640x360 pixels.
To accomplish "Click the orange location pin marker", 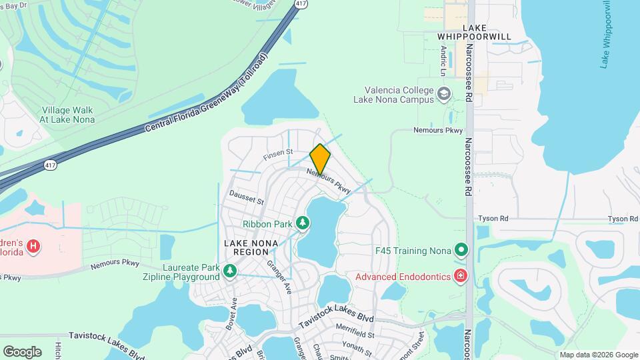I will coord(320,159).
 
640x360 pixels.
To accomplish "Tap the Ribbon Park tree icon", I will coord(303,221).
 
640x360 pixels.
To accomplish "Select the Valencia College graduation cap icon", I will coord(443,95).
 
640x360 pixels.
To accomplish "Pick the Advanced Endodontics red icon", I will coord(461,276).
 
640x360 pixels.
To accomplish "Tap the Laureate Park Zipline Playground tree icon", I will coord(230,270).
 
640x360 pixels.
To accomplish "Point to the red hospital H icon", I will coord(33,247).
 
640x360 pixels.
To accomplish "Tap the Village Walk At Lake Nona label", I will coord(67,115).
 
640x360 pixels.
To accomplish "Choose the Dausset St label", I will coord(247,197).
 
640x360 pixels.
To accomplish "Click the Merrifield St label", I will coord(355,334).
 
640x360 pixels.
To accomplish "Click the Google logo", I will coord(22,351).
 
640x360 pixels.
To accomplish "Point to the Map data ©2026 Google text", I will coord(598,355).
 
